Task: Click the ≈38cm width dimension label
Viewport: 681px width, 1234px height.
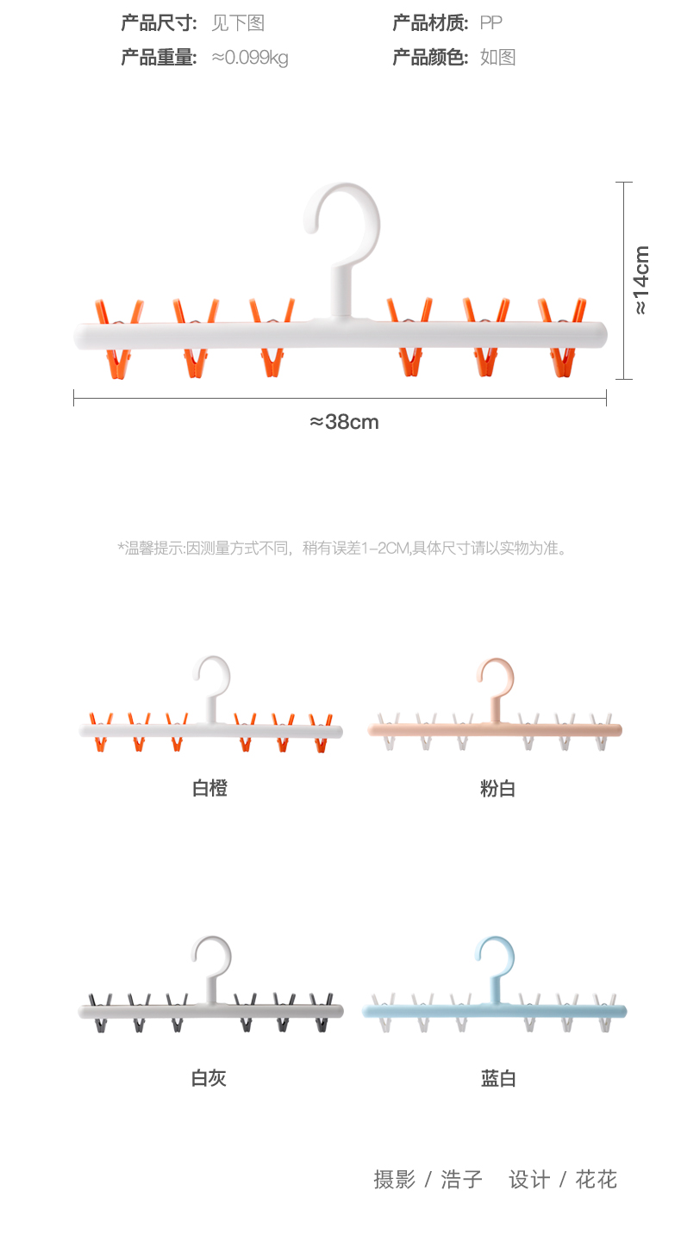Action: click(x=344, y=422)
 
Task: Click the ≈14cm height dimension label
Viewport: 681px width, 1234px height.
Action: click(x=641, y=280)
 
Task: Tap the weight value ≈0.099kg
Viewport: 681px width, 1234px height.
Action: click(x=250, y=58)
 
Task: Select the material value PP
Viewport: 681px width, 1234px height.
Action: click(x=490, y=22)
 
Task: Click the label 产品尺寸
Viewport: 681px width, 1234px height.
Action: click(x=159, y=22)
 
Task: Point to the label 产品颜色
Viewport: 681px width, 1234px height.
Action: click(x=430, y=58)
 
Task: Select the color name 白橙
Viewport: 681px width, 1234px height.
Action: click(x=209, y=787)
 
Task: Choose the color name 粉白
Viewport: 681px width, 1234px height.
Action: click(x=497, y=787)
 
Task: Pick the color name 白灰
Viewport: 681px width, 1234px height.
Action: click(x=209, y=1077)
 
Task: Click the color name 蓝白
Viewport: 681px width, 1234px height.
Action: click(x=498, y=1077)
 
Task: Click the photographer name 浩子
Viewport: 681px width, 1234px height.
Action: click(x=461, y=1179)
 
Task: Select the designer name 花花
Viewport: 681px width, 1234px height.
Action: click(x=597, y=1179)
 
